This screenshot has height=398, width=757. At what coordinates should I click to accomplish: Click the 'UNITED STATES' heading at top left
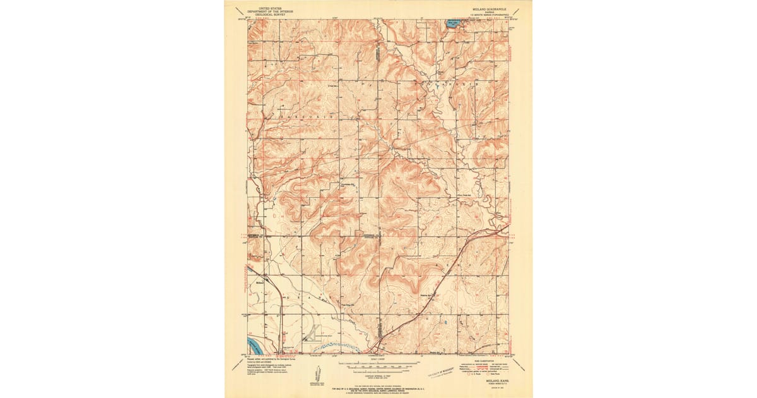pos(268,8)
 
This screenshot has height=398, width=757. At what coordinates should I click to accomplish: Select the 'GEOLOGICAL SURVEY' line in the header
pos(268,14)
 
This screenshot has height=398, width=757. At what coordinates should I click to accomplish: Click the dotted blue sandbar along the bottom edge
pos(334,346)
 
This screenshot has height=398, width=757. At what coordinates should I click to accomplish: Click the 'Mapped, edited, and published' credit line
pos(268,362)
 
